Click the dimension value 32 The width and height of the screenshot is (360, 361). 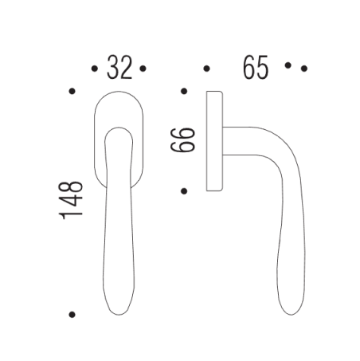(119, 69)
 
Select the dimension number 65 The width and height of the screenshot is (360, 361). (256, 69)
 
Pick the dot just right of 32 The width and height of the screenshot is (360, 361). (143, 69)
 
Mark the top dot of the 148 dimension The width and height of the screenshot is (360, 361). (72, 92)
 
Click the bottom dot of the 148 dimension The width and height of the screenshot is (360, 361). (72, 314)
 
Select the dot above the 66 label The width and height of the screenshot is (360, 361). (184, 92)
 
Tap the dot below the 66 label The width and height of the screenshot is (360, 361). (184, 190)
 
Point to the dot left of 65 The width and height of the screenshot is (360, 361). (206, 69)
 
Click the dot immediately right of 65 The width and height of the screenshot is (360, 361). (288, 67)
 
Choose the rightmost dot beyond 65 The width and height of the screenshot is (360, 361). (304, 69)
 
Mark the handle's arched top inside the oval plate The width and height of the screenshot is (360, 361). (118, 129)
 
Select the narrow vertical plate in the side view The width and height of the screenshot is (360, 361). (213, 141)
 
